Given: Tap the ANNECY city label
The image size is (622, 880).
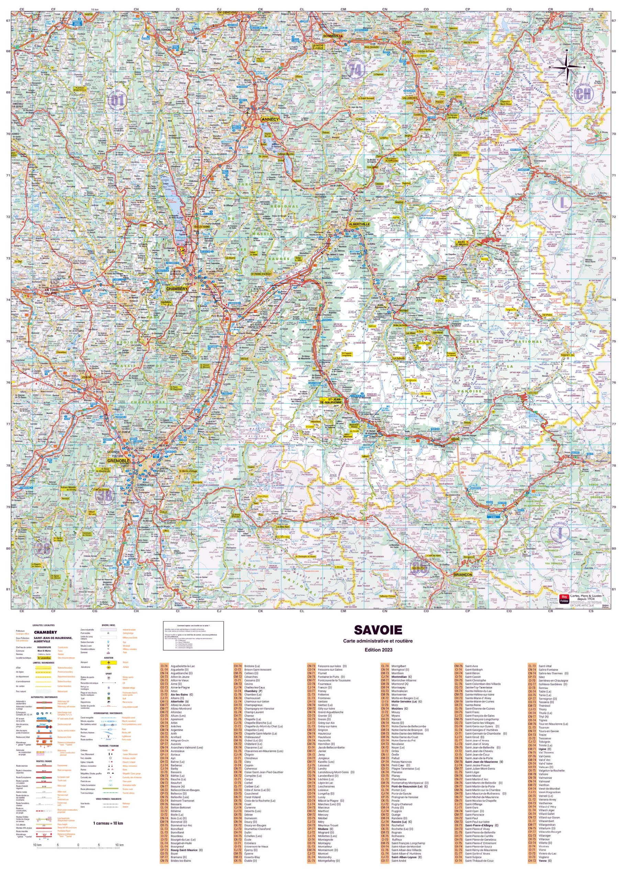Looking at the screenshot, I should point(270,119).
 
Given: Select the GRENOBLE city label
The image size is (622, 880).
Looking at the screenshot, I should point(118,461).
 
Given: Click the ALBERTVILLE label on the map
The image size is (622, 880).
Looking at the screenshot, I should point(359,224).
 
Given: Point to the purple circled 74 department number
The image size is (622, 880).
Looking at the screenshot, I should point(355,70).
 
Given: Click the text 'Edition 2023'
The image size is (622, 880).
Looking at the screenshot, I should point(378,650).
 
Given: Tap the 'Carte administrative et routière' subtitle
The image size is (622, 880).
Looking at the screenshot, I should point(378,641).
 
